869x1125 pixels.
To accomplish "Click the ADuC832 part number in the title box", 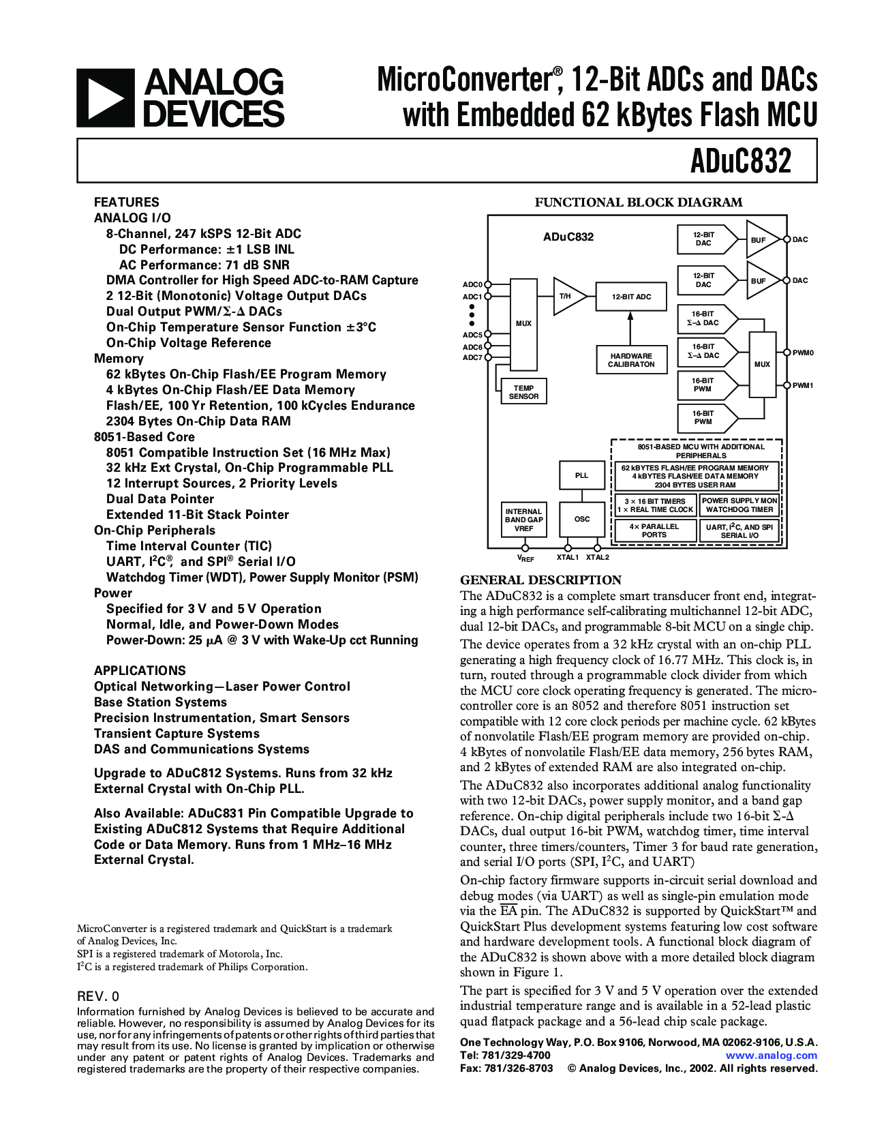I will point(741,162).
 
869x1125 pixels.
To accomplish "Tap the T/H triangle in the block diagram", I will point(567,297).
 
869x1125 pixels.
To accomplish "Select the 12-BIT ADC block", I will point(631,297).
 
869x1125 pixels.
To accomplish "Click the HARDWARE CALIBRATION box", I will point(631,360).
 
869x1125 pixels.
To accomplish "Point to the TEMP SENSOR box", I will point(523,392).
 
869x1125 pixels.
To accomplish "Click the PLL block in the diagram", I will point(581,475).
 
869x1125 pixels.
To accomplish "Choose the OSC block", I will point(581,519).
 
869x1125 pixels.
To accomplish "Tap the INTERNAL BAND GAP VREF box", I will point(523,520).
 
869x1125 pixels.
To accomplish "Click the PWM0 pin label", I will point(803,353).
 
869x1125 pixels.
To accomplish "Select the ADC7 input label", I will point(472,358).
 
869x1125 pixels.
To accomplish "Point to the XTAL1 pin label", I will point(567,558).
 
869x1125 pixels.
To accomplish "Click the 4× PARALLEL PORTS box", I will point(654,530).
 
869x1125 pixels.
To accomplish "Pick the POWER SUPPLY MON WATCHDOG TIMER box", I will point(740,505).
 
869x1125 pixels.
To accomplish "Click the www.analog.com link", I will point(771,1055).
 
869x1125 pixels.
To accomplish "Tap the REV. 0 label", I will point(98,996).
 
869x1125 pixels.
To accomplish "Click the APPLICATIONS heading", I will point(140,671).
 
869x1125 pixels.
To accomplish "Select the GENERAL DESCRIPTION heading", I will point(540,580).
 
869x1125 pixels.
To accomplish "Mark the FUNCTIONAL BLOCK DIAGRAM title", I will point(639,202).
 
